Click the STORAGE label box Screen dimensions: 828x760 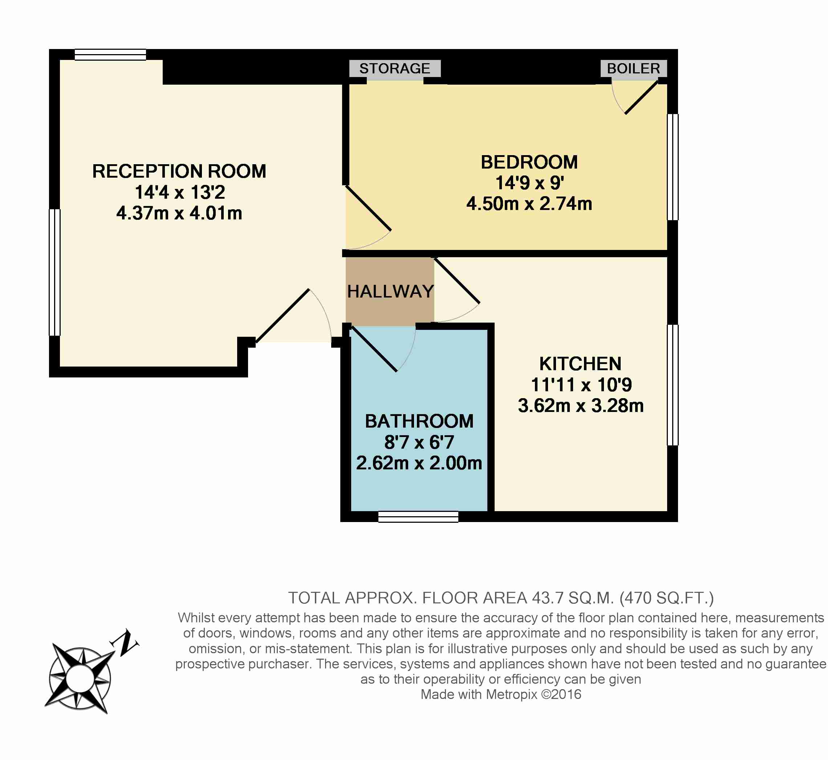coord(395,68)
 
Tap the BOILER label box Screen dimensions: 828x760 coord(634,68)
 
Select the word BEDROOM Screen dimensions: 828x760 coord(529,162)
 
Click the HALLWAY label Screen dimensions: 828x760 coord(390,292)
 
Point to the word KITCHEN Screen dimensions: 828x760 coord(580,364)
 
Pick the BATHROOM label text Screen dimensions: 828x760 coord(419,421)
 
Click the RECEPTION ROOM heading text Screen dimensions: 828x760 coord(179,171)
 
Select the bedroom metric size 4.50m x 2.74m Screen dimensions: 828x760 coord(529,204)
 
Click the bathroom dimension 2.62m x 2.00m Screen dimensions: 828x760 coord(419,463)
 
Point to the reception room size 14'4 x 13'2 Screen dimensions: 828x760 coord(180,192)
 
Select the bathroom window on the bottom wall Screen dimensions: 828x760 coord(418,517)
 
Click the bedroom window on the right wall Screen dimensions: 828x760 coord(673,167)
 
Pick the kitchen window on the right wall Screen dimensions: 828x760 coord(673,385)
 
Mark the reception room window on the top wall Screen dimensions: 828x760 coord(110,55)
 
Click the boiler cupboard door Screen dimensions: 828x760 coord(641,98)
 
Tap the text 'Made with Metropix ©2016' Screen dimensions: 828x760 coord(501,695)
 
